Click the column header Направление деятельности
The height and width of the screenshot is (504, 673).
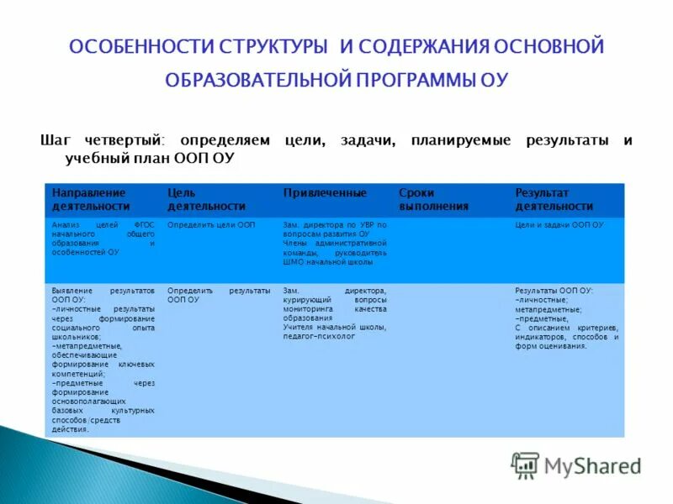coord(91,199)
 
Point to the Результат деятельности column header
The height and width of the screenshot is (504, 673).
coord(554,199)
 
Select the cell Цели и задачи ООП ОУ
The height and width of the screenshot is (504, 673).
coord(559,225)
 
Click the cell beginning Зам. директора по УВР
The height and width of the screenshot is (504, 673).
coord(334,243)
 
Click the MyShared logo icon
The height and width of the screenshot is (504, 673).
coord(526,465)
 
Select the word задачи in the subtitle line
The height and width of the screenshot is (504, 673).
coord(368,140)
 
